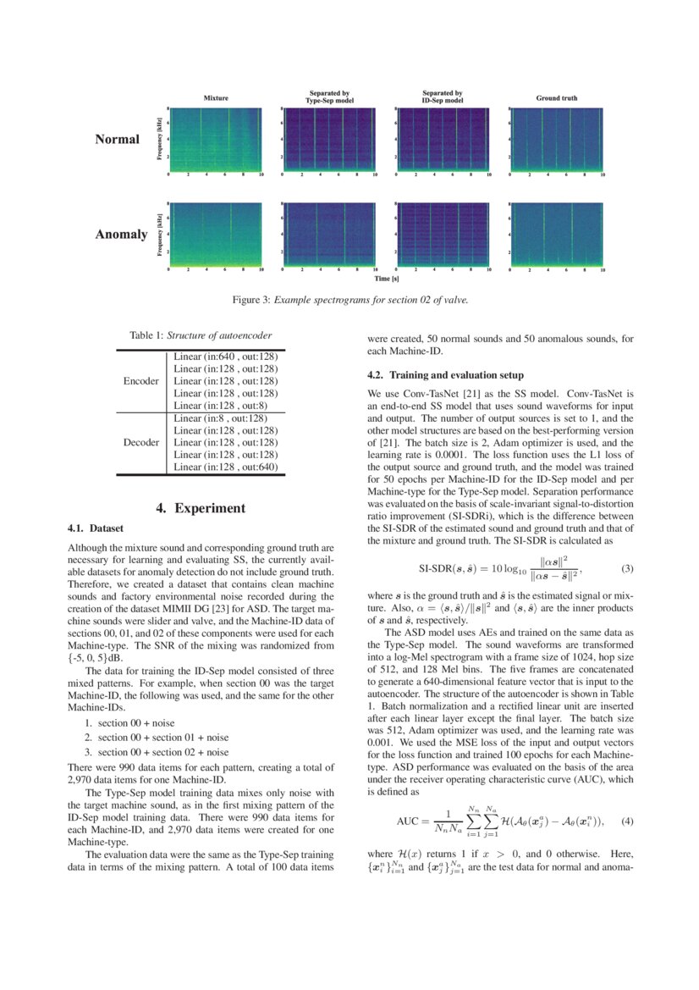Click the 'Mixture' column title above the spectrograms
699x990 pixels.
point(216,98)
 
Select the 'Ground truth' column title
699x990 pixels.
point(557,98)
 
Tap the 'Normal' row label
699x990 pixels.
point(117,139)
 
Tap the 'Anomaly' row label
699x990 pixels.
point(121,234)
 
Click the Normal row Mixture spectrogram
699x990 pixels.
point(215,140)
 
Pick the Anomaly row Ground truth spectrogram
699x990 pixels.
point(557,235)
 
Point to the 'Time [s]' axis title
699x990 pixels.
point(386,278)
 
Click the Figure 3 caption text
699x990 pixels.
point(349,300)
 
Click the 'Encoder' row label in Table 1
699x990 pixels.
point(140,381)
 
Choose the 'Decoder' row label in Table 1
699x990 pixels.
point(140,442)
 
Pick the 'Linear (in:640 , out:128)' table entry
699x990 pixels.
point(226,356)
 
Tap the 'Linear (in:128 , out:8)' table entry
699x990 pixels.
point(226,406)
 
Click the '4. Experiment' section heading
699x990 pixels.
point(201,508)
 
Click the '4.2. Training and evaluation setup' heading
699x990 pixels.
point(445,374)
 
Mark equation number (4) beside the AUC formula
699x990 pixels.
point(627,821)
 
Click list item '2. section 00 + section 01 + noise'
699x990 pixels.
point(157,738)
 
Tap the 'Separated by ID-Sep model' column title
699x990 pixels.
point(442,97)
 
